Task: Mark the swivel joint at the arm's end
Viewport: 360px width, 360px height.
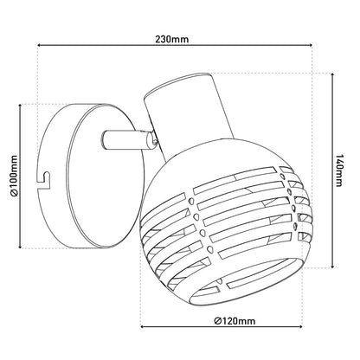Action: click(x=152, y=139)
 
